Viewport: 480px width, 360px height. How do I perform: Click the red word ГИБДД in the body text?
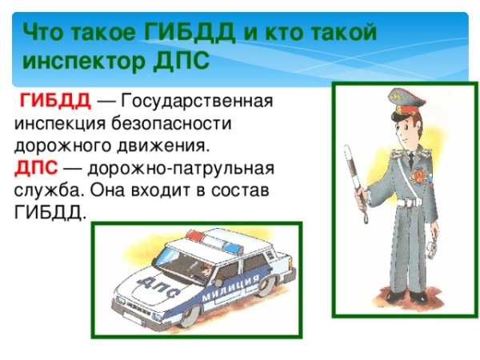[x=54, y=102]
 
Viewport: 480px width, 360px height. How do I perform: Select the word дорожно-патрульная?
[x=181, y=169]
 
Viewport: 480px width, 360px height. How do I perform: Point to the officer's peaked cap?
[x=403, y=102]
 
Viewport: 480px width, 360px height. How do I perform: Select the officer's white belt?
[x=410, y=202]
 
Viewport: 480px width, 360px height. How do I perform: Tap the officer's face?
[x=401, y=128]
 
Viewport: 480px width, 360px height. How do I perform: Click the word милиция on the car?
[x=232, y=289]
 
